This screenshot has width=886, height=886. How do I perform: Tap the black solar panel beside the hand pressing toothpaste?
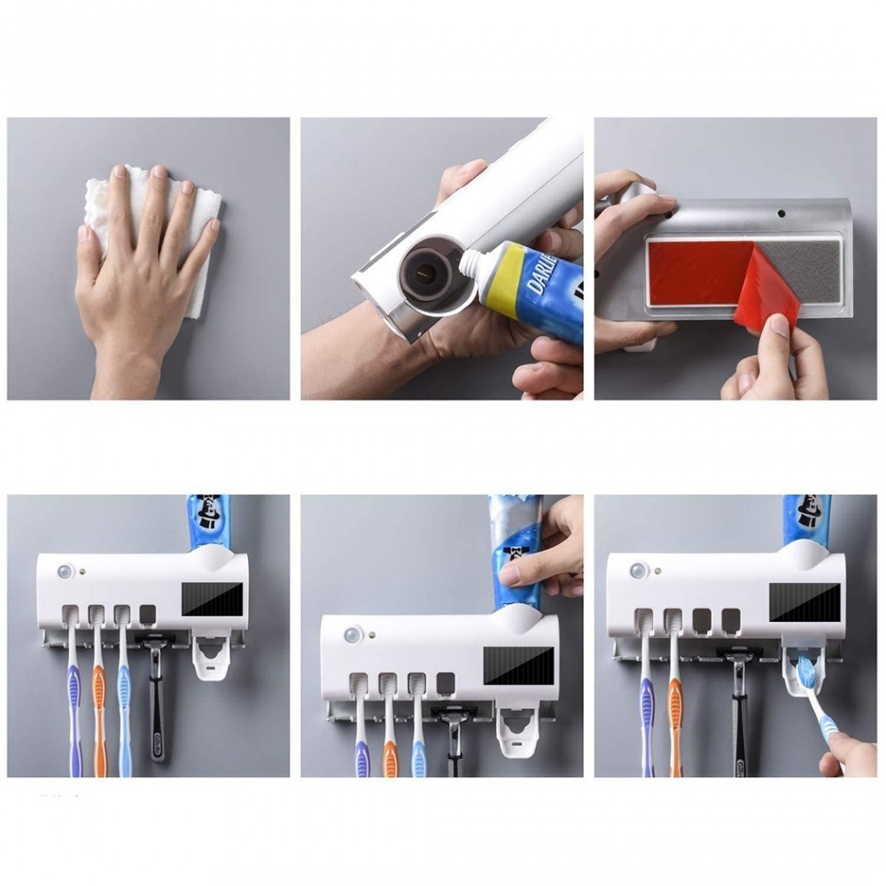click(517, 664)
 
